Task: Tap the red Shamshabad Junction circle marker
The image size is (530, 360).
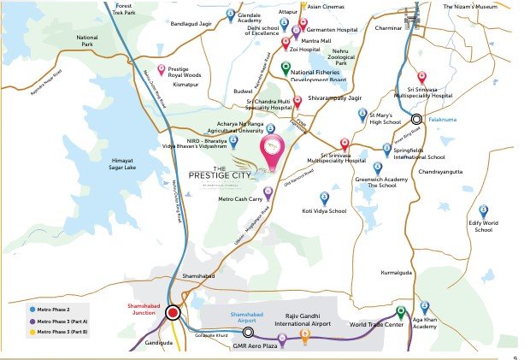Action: tap(173, 313)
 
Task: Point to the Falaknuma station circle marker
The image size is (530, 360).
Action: tap(416, 120)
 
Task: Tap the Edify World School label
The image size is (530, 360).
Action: tap(483, 226)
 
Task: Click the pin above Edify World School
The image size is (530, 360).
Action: tap(483, 210)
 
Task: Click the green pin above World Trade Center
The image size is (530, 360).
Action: tap(400, 311)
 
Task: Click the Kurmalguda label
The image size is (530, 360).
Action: tap(395, 273)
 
